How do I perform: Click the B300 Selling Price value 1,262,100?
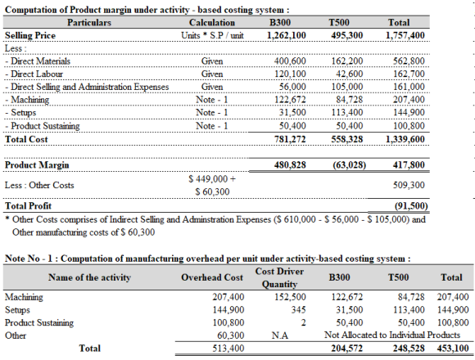[287, 35]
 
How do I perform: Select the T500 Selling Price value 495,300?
[347, 35]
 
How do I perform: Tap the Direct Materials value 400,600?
[290, 61]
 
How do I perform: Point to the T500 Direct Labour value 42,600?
[349, 74]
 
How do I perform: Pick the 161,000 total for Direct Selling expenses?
[409, 87]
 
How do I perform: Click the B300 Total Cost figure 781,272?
[290, 139]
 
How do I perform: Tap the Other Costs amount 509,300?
[409, 185]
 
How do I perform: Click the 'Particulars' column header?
[89, 22]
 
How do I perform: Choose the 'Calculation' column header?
[212, 22]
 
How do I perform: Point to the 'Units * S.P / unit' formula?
[212, 35]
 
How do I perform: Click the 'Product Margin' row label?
[37, 165]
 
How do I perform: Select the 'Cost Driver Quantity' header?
[279, 277]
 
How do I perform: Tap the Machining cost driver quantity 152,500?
[290, 297]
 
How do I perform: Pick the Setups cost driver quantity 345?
[298, 310]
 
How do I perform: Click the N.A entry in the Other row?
[280, 335]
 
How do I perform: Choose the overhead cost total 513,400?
[228, 349]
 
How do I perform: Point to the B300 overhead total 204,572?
[347, 349]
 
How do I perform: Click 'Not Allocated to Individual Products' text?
[392, 335]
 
